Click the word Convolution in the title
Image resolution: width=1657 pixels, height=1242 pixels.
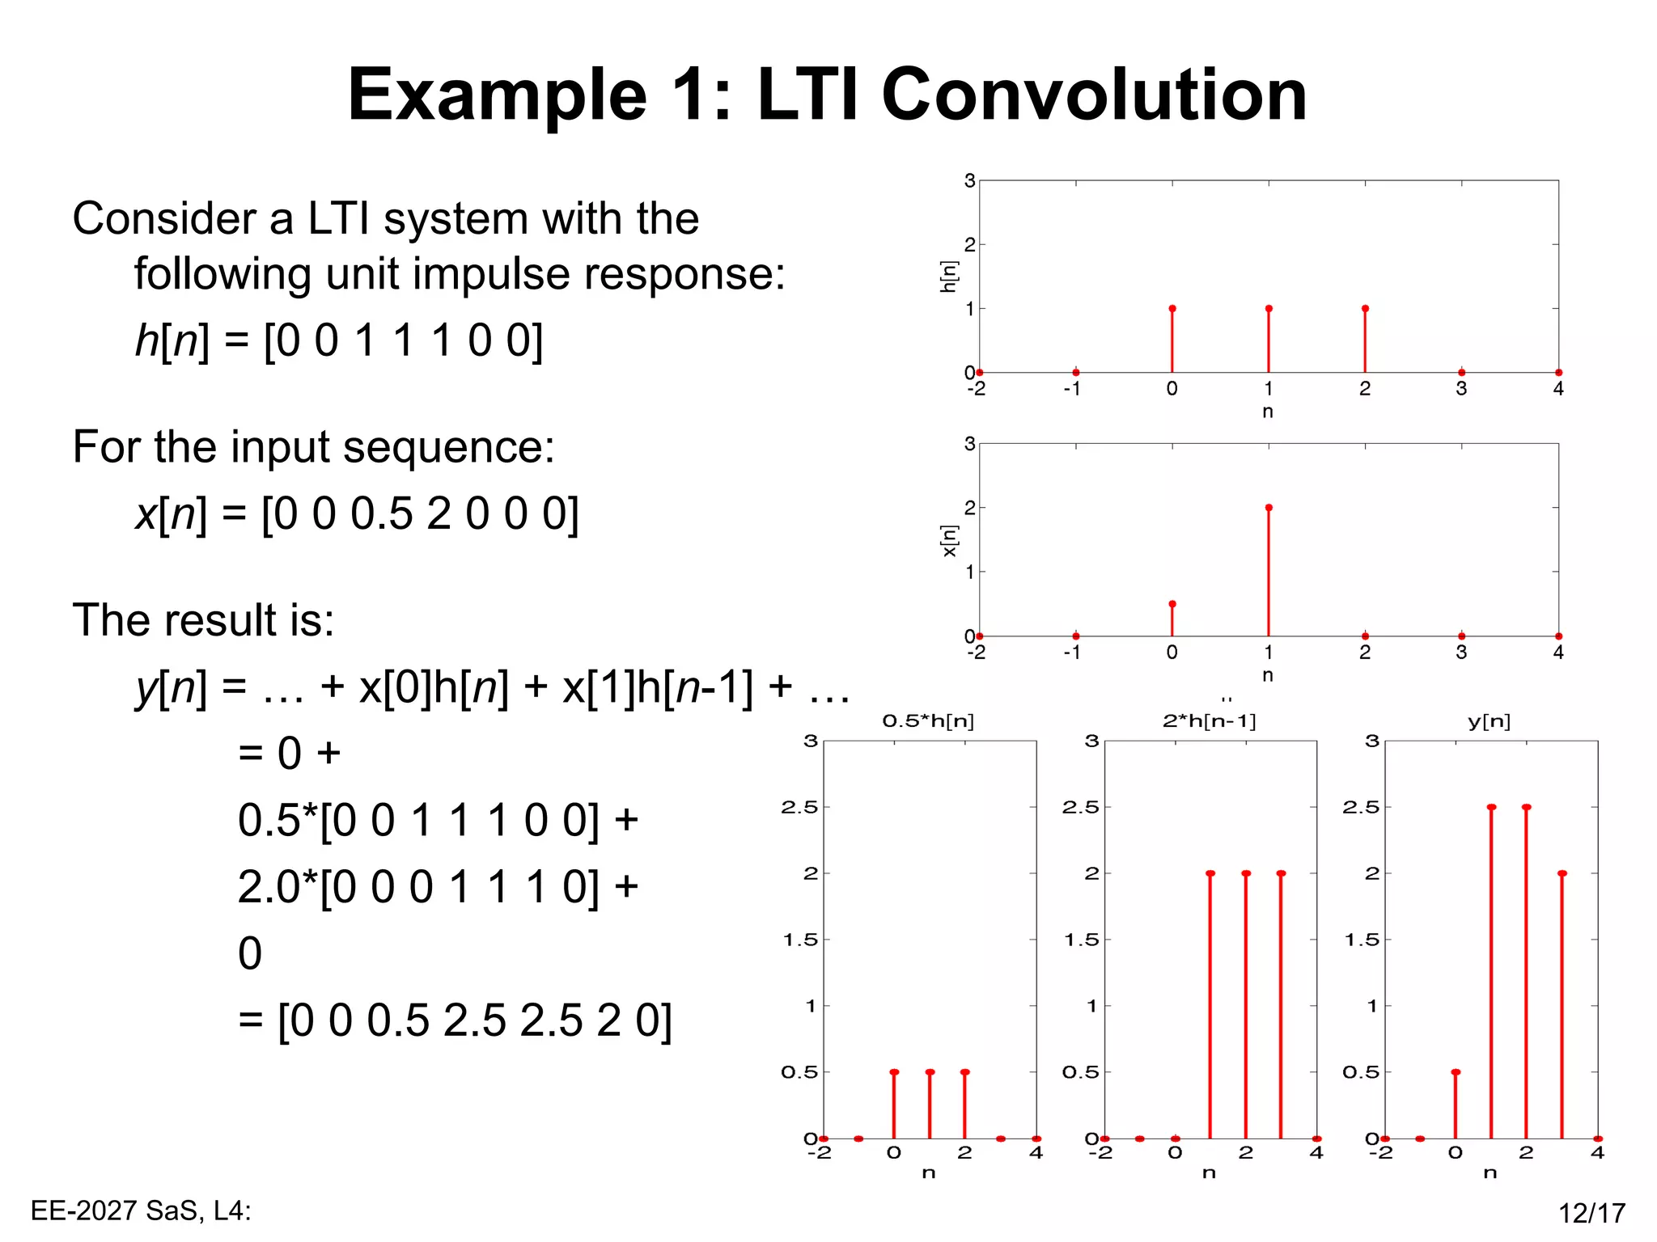(x=1094, y=95)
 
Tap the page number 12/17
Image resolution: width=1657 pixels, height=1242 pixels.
(x=1591, y=1213)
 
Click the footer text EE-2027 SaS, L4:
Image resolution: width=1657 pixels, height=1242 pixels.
(x=141, y=1210)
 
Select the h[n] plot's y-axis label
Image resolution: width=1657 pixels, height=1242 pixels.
(x=949, y=277)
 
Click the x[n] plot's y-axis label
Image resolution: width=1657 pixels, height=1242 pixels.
(x=949, y=540)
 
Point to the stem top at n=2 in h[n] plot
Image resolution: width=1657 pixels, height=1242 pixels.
(x=1365, y=309)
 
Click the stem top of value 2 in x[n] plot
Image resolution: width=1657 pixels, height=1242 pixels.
(x=1269, y=508)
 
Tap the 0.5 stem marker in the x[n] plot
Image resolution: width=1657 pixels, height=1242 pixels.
(x=1172, y=604)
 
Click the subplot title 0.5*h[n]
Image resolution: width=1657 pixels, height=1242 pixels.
(x=928, y=720)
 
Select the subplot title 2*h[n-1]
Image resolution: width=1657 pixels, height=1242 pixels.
(x=1209, y=720)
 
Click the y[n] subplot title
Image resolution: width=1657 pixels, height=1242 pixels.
(x=1490, y=720)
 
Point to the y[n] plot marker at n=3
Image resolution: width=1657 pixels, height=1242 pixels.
(x=1562, y=873)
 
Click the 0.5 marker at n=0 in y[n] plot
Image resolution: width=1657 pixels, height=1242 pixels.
(x=1456, y=1072)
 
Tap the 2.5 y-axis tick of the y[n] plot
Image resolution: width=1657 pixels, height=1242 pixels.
(x=1361, y=807)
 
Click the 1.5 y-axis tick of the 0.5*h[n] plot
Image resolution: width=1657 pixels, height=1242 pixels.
(x=800, y=940)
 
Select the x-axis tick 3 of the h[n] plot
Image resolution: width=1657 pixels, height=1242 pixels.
(x=1461, y=389)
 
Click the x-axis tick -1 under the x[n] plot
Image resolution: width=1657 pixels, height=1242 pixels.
(x=1072, y=653)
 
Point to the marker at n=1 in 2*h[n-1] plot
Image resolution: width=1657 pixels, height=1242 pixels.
(x=1210, y=873)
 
